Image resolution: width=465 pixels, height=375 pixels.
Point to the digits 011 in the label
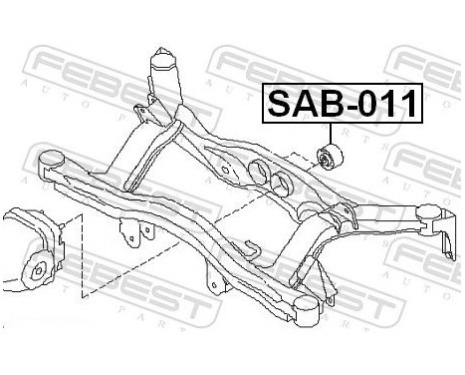pos(384,103)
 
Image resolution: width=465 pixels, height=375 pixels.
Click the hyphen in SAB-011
pos(349,104)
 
